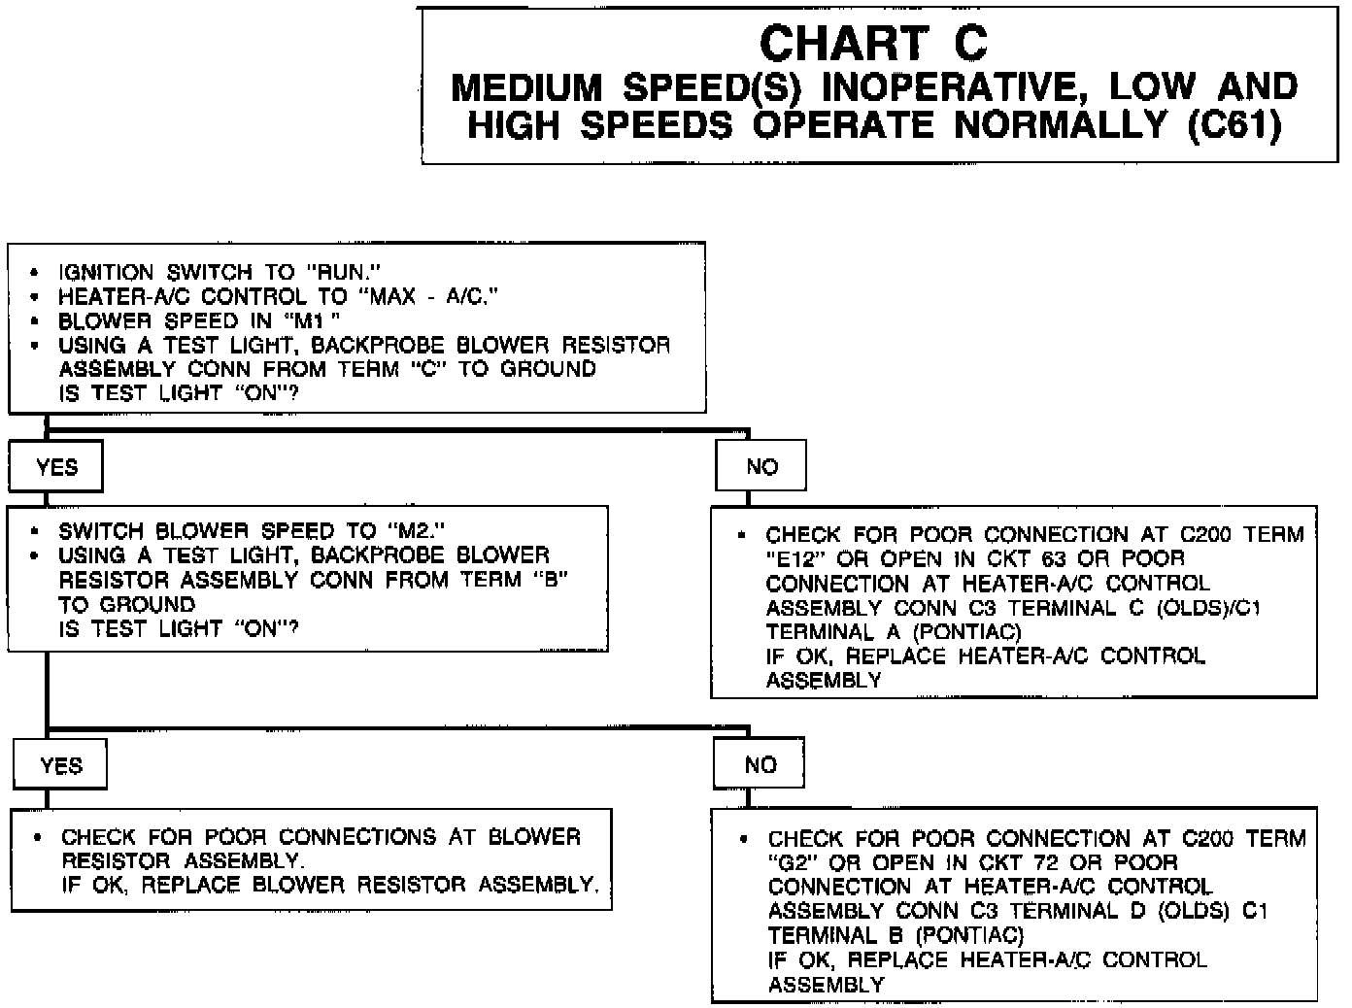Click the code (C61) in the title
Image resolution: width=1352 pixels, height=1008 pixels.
pyautogui.click(x=1235, y=125)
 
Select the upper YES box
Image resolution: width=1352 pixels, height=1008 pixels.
pyautogui.click(x=56, y=467)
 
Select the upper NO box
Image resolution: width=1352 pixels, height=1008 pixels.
pyautogui.click(x=761, y=467)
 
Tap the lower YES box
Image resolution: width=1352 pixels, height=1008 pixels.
pyautogui.click(x=61, y=766)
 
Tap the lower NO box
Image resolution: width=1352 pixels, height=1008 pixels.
pyautogui.click(x=760, y=765)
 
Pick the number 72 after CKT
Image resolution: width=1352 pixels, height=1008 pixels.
pyautogui.click(x=1050, y=863)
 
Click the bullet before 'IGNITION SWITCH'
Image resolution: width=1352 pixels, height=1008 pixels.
pyautogui.click(x=35, y=273)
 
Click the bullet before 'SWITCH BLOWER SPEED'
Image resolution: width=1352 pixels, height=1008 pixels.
pyautogui.click(x=35, y=532)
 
